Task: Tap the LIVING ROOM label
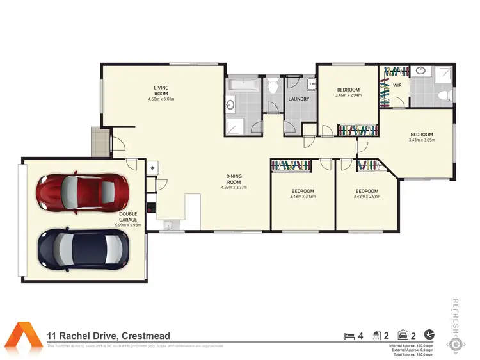point(161,90)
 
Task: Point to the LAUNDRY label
point(299,99)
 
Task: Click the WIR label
point(397,85)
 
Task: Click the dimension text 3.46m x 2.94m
point(348,95)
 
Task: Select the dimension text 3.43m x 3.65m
point(422,140)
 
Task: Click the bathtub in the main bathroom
point(243,83)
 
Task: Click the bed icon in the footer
point(349,335)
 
